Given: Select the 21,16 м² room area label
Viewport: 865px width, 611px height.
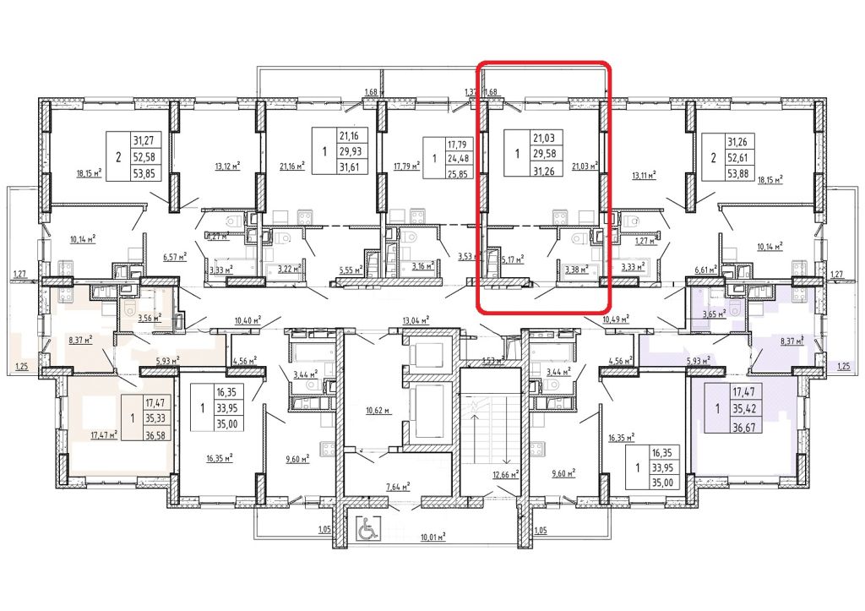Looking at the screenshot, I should [289, 166].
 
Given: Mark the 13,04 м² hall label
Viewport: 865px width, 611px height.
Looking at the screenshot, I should [416, 319].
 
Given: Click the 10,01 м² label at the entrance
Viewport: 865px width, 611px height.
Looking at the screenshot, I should [432, 536].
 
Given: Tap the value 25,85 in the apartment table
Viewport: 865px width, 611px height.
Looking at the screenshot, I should [459, 176].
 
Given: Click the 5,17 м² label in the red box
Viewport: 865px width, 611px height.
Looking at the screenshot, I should [513, 259].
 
